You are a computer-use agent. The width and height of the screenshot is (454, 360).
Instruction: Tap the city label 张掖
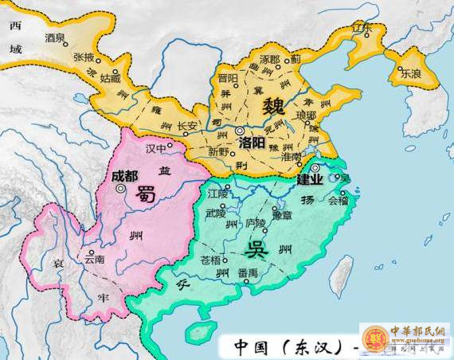pyautogui.click(x=84, y=57)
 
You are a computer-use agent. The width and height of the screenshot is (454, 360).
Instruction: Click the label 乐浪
pyautogui.click(x=412, y=71)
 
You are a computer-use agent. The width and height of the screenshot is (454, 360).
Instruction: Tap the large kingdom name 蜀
pyautogui.click(x=147, y=193)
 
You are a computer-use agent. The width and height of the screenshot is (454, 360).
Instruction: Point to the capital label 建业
pyautogui.click(x=309, y=179)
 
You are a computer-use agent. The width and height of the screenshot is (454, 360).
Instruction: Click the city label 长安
pyautogui.click(x=186, y=126)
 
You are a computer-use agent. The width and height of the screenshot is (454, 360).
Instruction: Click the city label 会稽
pyautogui.click(x=339, y=202)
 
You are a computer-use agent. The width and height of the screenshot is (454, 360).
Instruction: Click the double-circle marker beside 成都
pyautogui.click(x=120, y=190)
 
